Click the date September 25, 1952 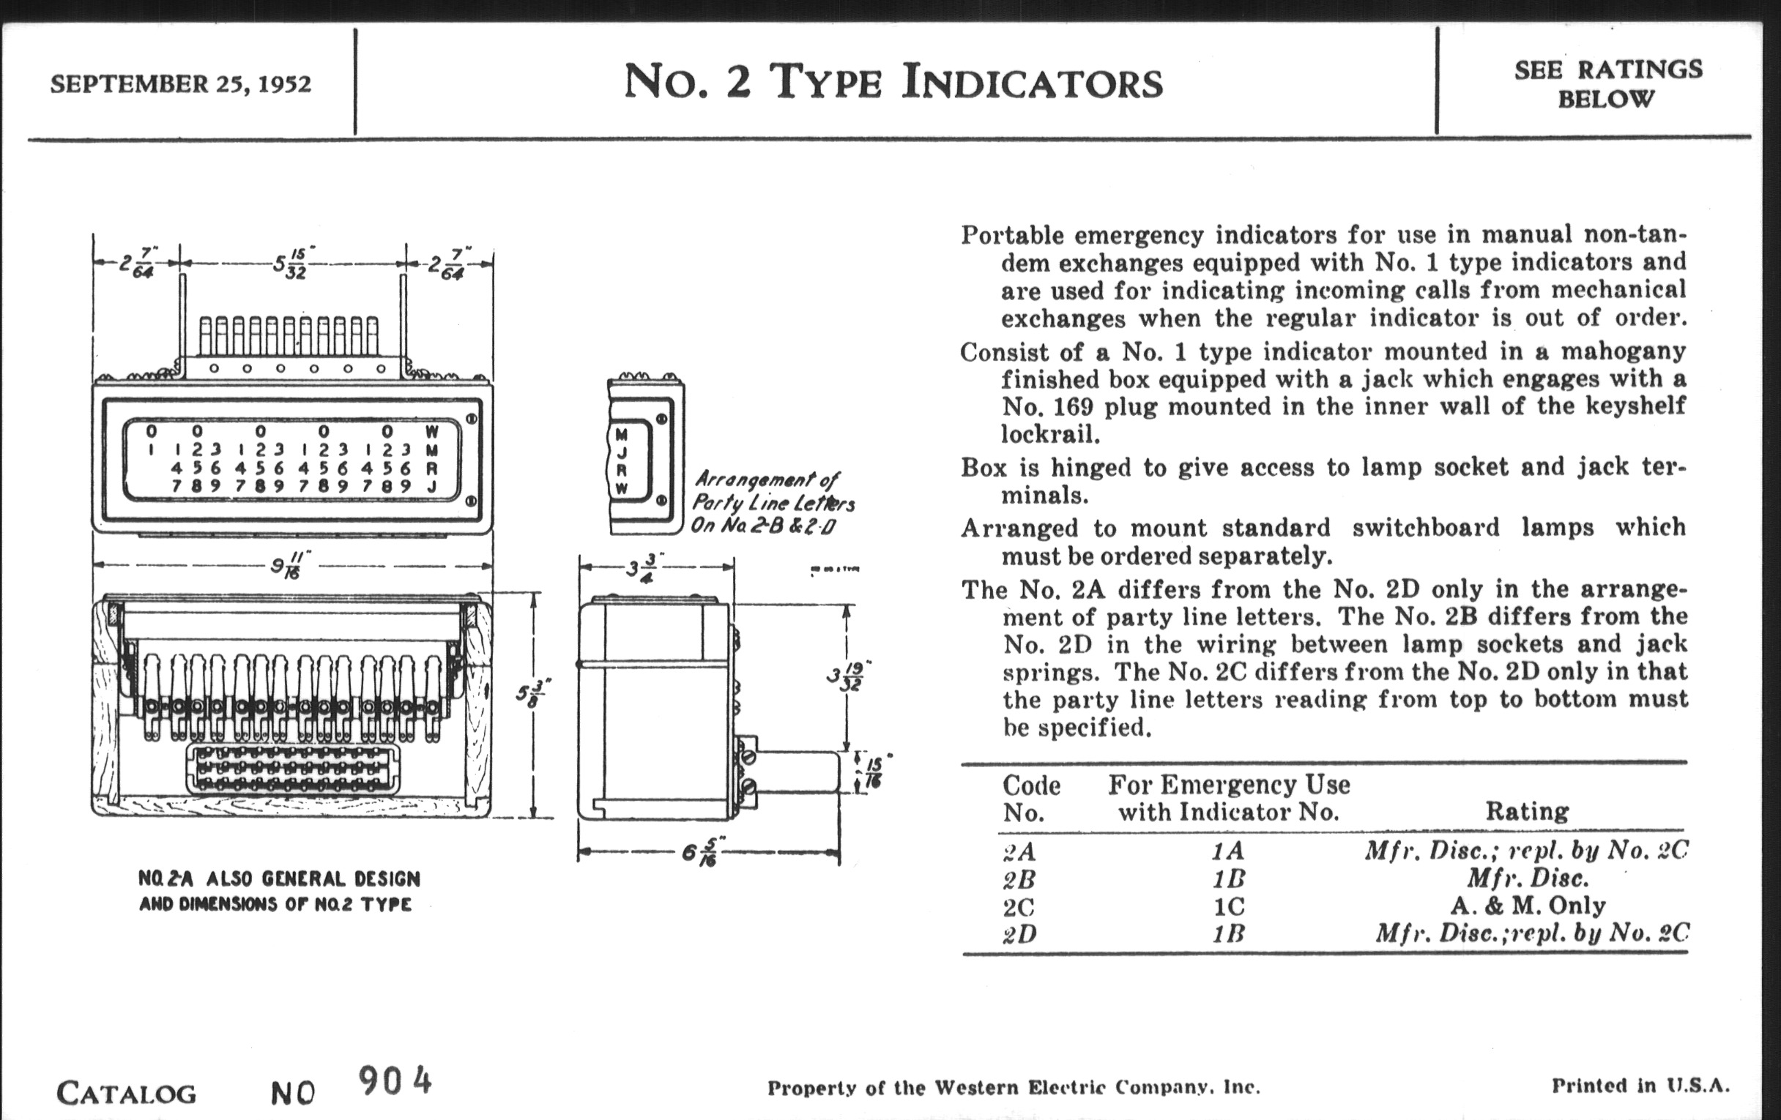(180, 83)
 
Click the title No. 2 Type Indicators (893, 81)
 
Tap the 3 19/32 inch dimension (848, 676)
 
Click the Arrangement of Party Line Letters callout (772, 503)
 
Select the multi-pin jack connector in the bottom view (293, 769)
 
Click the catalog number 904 (395, 1081)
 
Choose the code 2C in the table (1019, 906)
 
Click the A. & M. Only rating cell (1528, 906)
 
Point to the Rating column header (1528, 812)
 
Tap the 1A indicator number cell (1228, 851)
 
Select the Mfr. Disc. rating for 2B (1528, 878)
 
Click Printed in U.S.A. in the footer (1640, 1086)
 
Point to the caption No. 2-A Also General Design (279, 879)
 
